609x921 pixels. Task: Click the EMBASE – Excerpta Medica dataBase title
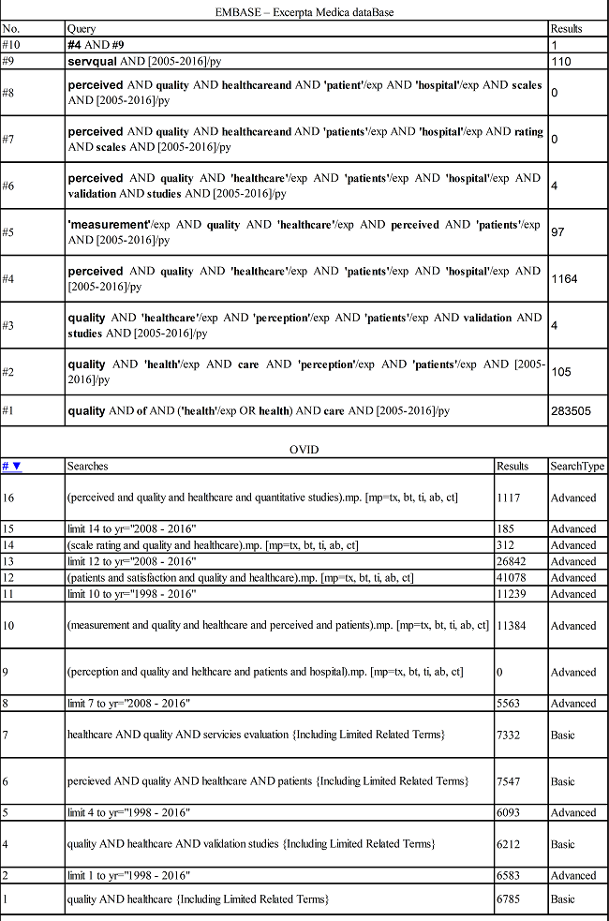click(304, 11)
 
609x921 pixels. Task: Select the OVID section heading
click(304, 450)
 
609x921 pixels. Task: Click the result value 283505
click(571, 410)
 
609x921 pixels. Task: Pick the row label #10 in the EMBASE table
click(10, 44)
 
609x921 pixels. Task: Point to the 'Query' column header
click(82, 29)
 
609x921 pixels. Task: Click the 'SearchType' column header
click(577, 466)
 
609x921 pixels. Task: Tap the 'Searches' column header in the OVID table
click(87, 466)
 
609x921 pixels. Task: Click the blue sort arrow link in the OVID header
click(11, 466)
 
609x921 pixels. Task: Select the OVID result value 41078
click(512, 578)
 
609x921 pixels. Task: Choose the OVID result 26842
click(512, 561)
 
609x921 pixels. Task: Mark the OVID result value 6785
click(508, 899)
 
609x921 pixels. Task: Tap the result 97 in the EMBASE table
click(557, 231)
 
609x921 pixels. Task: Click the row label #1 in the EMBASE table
click(8, 410)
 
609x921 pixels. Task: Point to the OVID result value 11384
click(512, 625)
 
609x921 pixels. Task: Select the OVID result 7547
click(508, 780)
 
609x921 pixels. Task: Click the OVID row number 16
click(8, 497)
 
